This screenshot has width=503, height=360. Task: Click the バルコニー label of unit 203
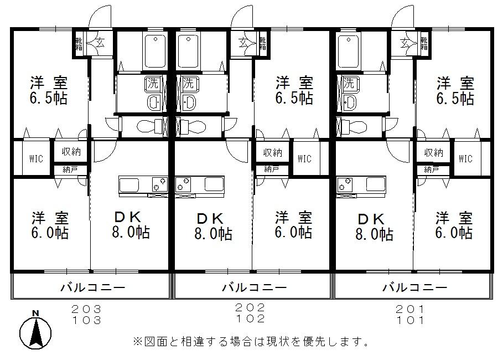coord(92,287)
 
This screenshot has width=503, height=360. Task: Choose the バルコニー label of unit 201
coord(414,287)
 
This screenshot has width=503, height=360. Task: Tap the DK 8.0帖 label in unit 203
coord(131,225)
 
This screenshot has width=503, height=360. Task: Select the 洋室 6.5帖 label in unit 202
coord(294,91)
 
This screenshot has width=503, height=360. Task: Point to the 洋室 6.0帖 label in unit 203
coord(49,225)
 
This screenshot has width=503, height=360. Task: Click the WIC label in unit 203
coord(33,158)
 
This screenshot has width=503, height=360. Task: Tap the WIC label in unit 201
coord(465,158)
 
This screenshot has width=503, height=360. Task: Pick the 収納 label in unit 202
coord(272,152)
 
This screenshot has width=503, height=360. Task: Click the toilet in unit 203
coord(147,125)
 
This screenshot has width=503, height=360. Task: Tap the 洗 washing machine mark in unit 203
coord(152,84)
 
